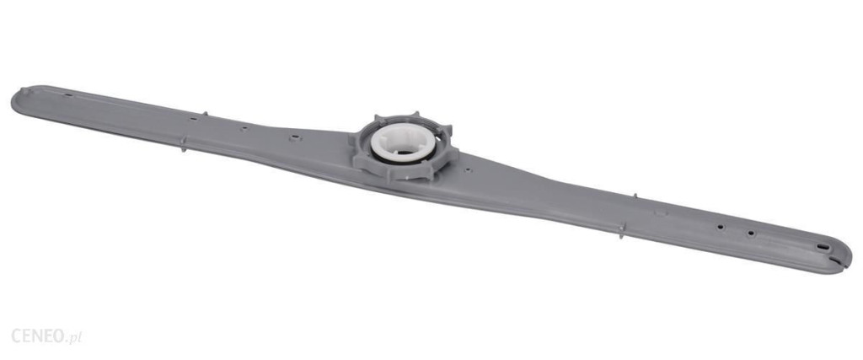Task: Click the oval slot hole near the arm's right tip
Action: coord(823,247)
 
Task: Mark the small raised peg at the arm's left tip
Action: coord(24,90)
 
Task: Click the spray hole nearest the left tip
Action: coord(69,95)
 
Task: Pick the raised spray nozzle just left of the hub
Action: coord(296,137)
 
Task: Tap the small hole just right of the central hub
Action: coord(468,170)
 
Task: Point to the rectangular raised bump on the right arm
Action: coord(661,212)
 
